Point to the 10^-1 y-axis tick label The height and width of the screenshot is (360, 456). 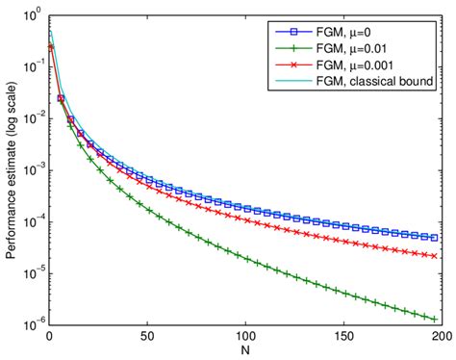coord(32,67)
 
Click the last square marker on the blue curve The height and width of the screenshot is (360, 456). coord(434,237)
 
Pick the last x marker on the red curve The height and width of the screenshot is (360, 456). coord(434,255)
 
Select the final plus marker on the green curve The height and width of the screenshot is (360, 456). coord(434,317)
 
